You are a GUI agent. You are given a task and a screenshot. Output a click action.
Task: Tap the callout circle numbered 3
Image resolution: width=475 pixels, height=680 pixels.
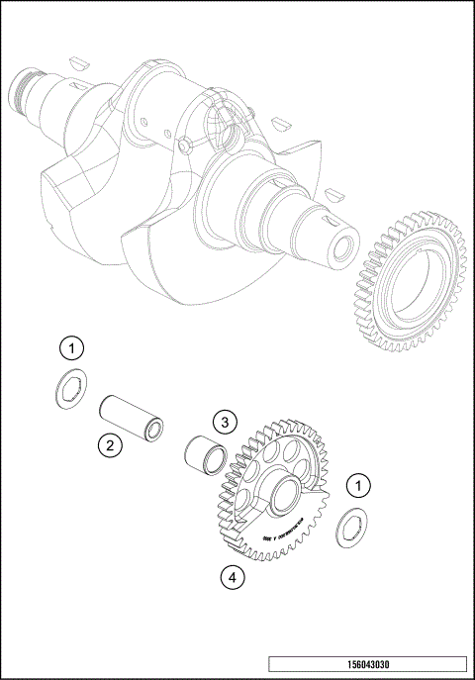pyautogui.click(x=225, y=423)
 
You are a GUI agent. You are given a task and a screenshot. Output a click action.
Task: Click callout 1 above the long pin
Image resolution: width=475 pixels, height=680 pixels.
pyautogui.click(x=70, y=347)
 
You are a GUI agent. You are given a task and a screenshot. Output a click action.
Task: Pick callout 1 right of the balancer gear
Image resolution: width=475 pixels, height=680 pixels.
pyautogui.click(x=357, y=485)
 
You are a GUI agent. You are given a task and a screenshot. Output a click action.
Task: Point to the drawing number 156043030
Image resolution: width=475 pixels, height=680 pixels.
pyautogui.click(x=366, y=665)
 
